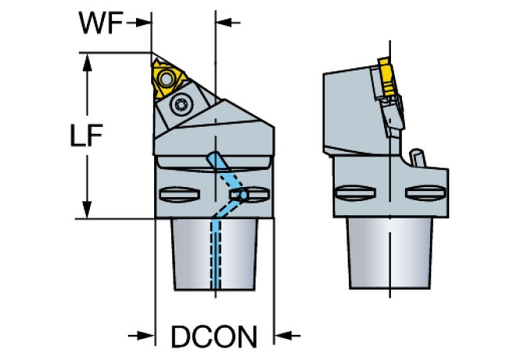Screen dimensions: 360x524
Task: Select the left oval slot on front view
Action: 177,194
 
